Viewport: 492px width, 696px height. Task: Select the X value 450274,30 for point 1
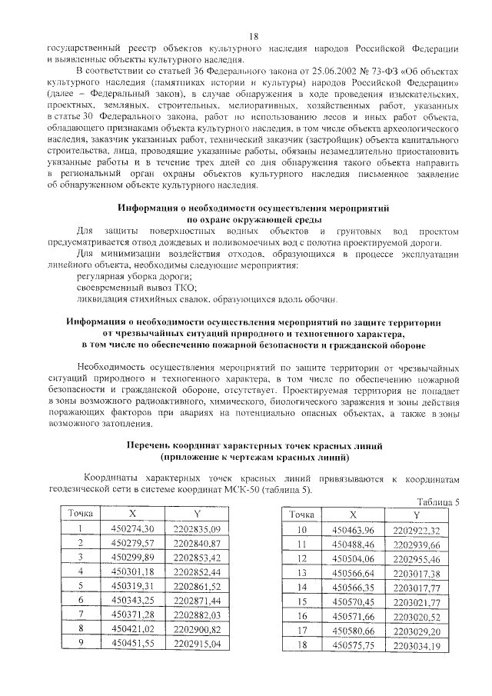tap(133, 528)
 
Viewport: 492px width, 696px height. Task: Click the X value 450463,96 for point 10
tap(353, 531)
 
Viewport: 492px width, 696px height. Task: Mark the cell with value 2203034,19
tap(416, 644)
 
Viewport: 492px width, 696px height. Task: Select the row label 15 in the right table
tap(302, 601)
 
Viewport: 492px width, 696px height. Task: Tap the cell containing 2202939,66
tap(416, 544)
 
